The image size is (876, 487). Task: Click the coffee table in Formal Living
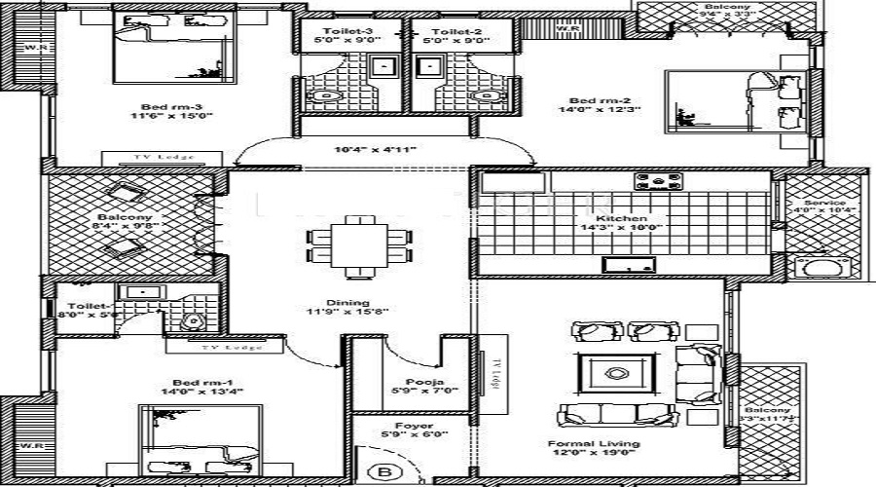616,371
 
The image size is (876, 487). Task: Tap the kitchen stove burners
654,181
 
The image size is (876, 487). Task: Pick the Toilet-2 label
453,32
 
